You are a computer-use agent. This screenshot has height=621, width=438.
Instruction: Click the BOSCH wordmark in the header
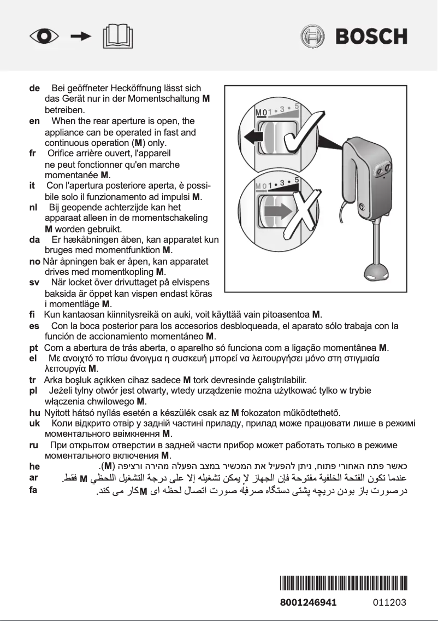(371, 37)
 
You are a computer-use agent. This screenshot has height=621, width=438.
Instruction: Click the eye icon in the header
(45, 37)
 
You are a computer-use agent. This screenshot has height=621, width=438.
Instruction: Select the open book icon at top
(117, 37)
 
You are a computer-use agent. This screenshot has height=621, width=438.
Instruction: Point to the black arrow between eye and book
(81, 37)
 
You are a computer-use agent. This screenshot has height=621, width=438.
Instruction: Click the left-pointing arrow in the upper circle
(253, 135)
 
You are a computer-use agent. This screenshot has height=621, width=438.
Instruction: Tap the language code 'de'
(34, 88)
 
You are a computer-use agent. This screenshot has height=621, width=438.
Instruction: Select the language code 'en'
(34, 121)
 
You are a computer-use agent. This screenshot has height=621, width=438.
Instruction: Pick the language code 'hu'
(34, 413)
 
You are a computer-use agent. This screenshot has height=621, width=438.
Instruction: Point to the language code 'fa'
(33, 490)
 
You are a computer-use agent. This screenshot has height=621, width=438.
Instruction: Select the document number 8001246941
(308, 603)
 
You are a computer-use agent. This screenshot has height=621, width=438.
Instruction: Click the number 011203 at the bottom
(390, 603)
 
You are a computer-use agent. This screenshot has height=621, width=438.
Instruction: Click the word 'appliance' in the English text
(64, 132)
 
